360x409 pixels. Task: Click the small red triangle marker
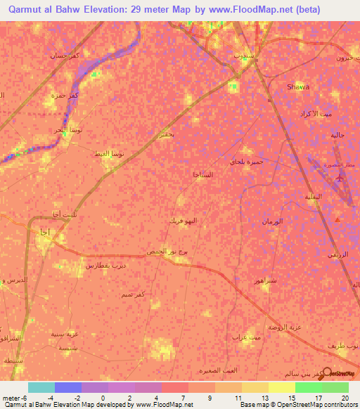(x=337, y=220)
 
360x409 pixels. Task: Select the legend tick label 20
(x=345, y=397)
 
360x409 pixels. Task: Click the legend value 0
(x=103, y=397)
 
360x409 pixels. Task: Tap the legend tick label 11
(x=238, y=397)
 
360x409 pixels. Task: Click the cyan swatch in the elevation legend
(x=41, y=387)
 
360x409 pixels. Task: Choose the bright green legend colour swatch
(x=309, y=387)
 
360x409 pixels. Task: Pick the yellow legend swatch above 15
(x=282, y=387)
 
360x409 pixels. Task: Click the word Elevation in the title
(x=103, y=9)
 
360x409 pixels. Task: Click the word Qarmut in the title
(x=27, y=9)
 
